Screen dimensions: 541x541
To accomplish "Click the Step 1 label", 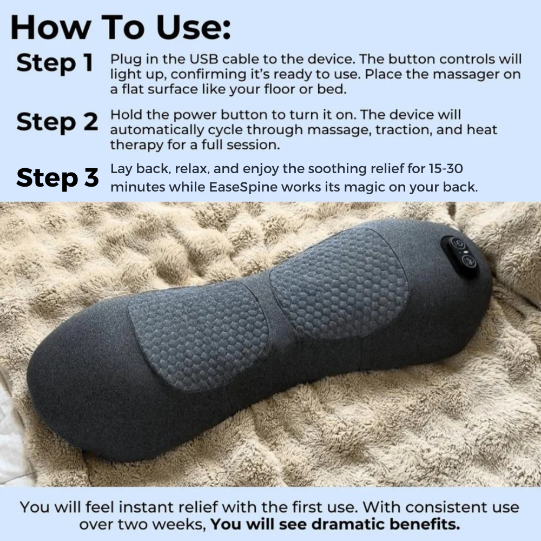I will (55, 63).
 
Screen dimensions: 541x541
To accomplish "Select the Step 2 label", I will (57, 122).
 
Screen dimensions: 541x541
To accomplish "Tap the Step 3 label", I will (57, 178).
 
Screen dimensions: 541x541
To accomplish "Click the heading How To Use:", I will (120, 28).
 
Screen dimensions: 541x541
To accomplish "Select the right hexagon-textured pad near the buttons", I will (340, 282).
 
